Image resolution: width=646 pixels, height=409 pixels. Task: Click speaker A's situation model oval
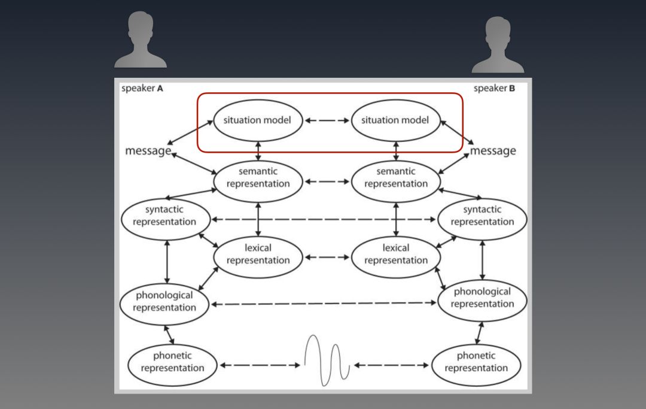coord(257,120)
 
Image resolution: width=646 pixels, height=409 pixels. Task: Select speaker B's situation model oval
coord(395,120)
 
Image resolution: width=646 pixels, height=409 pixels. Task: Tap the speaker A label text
coord(142,89)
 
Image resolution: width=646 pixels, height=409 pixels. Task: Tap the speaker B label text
coord(494,89)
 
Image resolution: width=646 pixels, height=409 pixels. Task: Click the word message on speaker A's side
coord(148,151)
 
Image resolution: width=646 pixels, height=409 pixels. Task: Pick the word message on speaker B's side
coord(493,151)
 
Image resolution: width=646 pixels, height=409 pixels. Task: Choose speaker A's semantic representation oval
coord(258,178)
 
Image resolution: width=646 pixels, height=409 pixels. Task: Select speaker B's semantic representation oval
coord(395,178)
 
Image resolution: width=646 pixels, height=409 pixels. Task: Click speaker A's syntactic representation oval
coord(164,216)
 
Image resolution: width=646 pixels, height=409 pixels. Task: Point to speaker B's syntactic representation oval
coord(482,216)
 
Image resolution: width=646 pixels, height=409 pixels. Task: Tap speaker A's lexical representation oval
coord(258,255)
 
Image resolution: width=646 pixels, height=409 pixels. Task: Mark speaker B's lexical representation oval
coord(395,255)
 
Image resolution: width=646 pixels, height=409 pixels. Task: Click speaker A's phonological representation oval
coord(164,302)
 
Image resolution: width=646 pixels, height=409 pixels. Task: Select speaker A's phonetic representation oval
coord(172,362)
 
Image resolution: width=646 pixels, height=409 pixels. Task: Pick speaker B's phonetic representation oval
coord(476,362)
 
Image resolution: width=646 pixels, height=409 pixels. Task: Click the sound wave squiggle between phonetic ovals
coord(327,359)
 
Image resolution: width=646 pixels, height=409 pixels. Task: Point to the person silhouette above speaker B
coord(498,44)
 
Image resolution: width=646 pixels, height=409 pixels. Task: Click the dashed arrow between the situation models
coord(327,120)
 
